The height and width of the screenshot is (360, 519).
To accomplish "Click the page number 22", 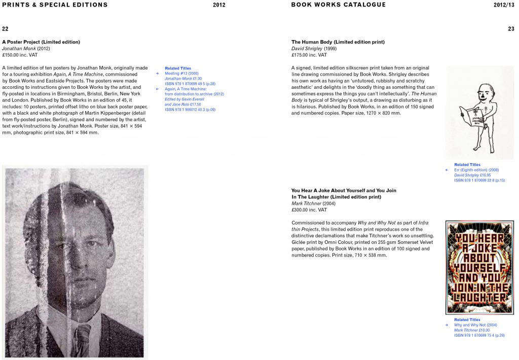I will point(5,29).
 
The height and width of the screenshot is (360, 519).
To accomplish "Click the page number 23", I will point(511,29).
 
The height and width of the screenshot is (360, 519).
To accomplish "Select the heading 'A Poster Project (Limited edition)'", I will point(41,42).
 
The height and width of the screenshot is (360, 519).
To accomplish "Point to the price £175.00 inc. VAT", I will point(309,55).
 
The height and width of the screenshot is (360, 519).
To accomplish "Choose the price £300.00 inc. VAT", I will point(309,210).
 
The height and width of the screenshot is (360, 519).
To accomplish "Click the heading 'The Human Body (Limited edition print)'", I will point(338,42).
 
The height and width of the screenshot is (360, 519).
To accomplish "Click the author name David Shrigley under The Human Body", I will point(307,49).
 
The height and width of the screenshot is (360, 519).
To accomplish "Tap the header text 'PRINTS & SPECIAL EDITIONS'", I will point(55,5).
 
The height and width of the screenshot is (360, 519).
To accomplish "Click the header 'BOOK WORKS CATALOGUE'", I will point(338,5).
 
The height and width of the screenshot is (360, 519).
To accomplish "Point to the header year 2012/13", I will point(505,5).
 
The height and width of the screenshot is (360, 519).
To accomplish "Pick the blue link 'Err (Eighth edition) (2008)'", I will point(476,170).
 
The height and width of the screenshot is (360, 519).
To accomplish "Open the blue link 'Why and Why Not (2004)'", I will point(475,325).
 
